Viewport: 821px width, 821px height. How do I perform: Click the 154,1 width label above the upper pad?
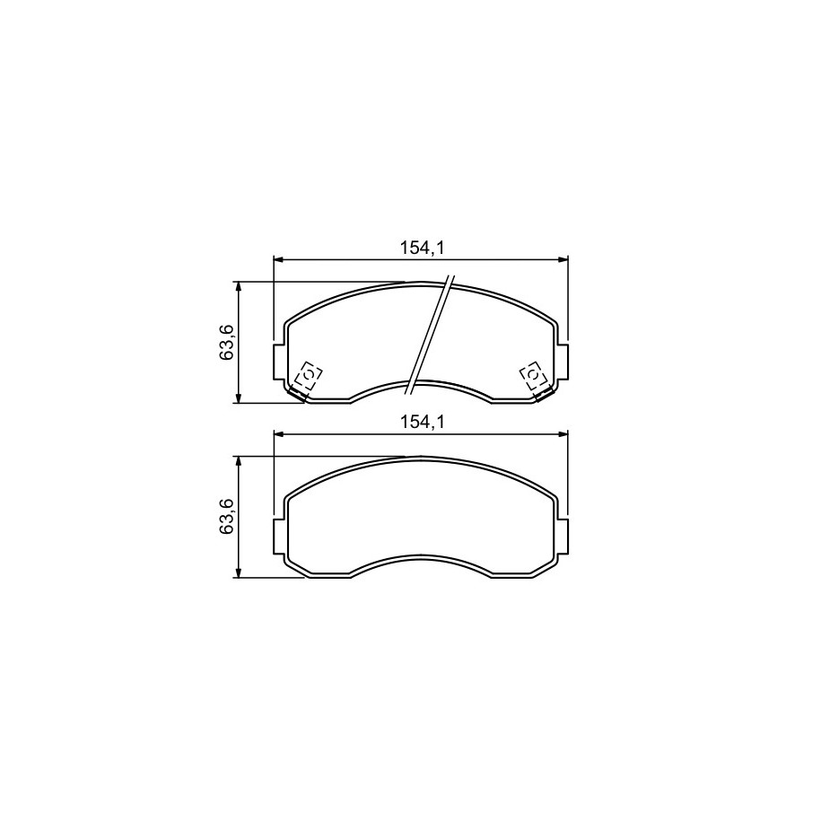[422, 248]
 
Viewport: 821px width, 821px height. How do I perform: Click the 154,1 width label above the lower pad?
[422, 422]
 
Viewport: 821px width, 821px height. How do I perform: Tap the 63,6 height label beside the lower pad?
[226, 517]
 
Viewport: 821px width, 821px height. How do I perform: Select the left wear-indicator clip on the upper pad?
[306, 380]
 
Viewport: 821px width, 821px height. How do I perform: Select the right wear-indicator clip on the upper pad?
[535, 380]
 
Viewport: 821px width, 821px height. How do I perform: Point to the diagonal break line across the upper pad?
[430, 335]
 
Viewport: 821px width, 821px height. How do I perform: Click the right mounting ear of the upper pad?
[563, 362]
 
